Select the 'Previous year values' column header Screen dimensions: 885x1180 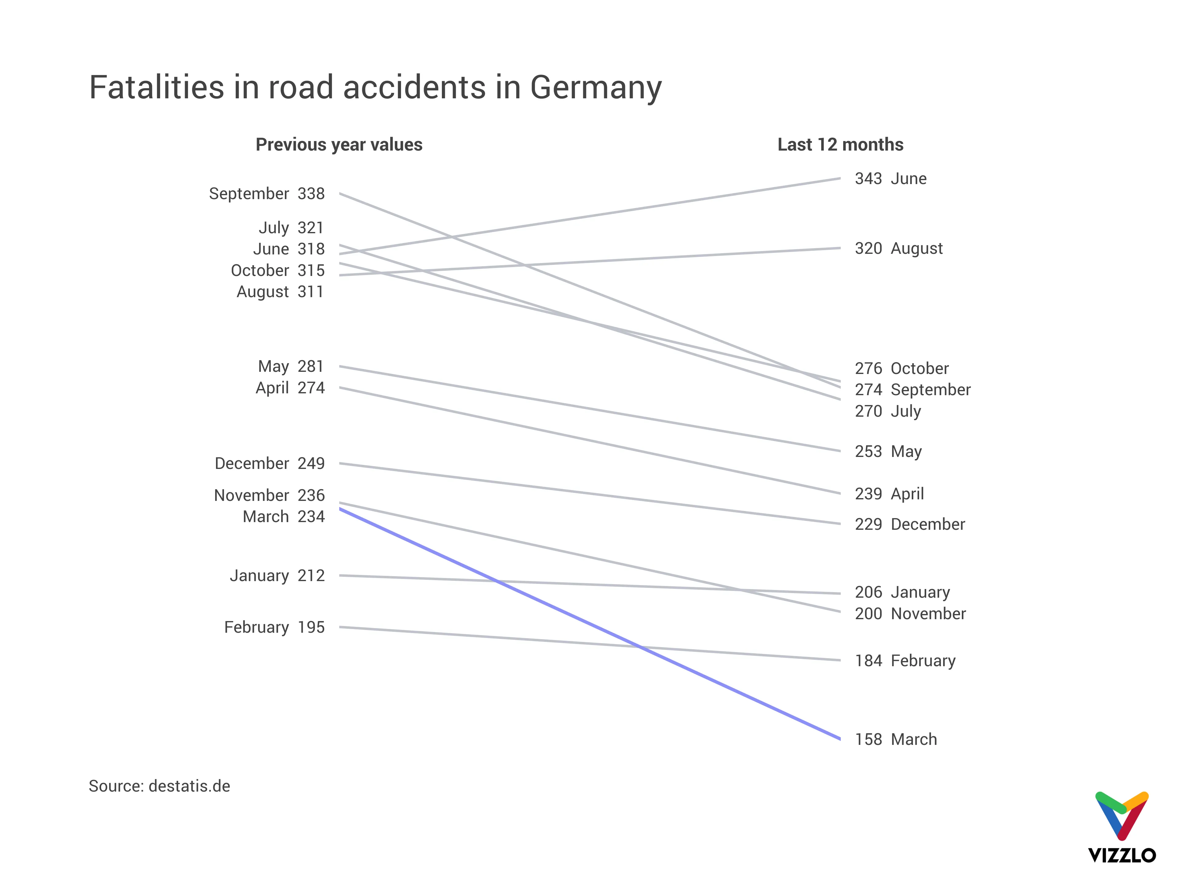pyautogui.click(x=339, y=144)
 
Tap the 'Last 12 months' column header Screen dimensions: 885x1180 pyautogui.click(x=840, y=144)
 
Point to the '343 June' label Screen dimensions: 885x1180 pyautogui.click(x=890, y=179)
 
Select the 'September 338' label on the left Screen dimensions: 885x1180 pyautogui.click(x=267, y=194)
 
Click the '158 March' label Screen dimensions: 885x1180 pyautogui.click(x=896, y=739)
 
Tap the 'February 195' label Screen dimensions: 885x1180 pyautogui.click(x=274, y=627)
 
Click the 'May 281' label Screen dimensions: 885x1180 pyautogui.click(x=291, y=367)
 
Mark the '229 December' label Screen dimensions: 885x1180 pyautogui.click(x=910, y=524)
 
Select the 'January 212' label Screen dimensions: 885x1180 pyautogui.click(x=277, y=576)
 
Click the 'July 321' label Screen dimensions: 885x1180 pyautogui.click(x=291, y=228)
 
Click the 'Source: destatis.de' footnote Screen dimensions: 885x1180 pyautogui.click(x=159, y=786)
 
